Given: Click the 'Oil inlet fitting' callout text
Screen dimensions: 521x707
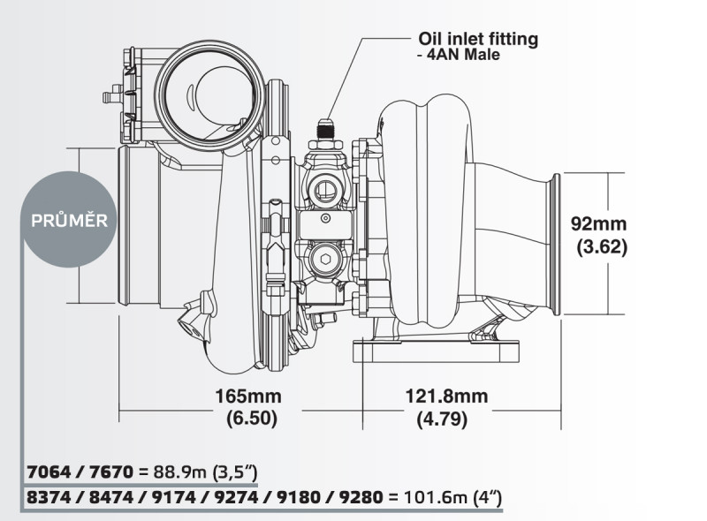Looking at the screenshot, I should click(477, 39).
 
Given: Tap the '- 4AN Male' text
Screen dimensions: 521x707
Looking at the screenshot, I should click(458, 56).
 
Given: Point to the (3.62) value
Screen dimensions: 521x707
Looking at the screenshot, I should click(601, 247).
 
